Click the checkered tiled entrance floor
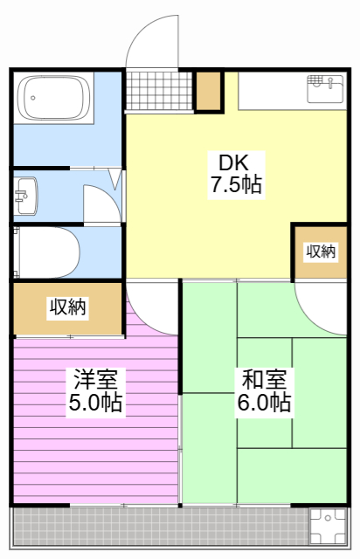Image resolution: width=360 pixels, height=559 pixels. click(x=158, y=91)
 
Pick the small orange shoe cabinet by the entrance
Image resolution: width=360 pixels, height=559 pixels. click(x=209, y=91)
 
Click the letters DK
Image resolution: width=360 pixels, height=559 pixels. click(x=234, y=162)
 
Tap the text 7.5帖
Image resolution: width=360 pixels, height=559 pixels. click(x=235, y=184)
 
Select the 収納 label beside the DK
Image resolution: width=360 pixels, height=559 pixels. click(x=320, y=252)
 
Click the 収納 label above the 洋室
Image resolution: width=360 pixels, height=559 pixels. click(x=67, y=307)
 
